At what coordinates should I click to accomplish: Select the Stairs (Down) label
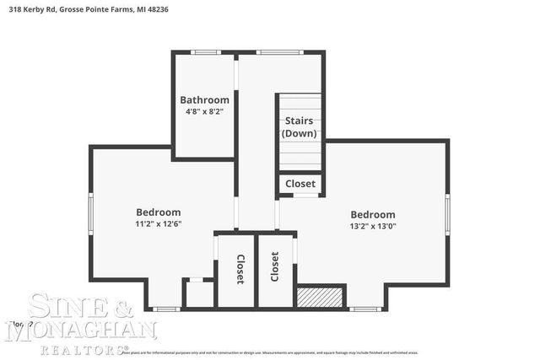point(300,127)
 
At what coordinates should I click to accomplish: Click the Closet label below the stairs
point(300,184)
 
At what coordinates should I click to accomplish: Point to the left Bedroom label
point(159,212)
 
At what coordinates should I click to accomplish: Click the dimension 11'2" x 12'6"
point(159,224)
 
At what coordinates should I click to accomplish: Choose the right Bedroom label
point(373,214)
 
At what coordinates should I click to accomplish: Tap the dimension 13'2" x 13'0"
point(373,226)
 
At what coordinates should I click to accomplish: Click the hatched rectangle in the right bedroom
point(320,297)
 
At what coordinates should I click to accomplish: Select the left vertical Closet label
point(240,269)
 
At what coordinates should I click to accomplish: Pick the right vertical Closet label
point(274,266)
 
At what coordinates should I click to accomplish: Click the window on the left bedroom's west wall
point(91,214)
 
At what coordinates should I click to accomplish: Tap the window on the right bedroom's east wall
point(447,214)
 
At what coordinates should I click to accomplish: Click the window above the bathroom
point(205,52)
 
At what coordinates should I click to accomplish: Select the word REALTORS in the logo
point(94,347)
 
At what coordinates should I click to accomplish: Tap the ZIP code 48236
point(181,9)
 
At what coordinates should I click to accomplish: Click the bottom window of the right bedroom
point(364,309)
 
